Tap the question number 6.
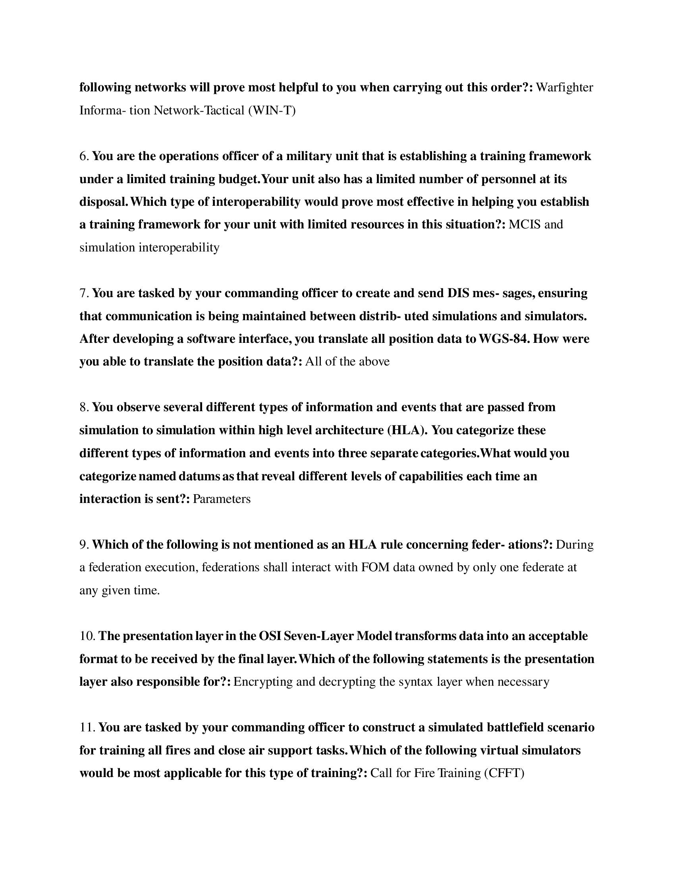[x=84, y=156]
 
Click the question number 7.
[x=84, y=293]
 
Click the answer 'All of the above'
[x=347, y=362]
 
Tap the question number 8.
[x=84, y=407]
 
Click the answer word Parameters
[x=222, y=499]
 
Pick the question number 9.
[x=84, y=545]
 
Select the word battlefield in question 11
[x=514, y=727]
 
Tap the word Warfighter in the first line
[x=564, y=87]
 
